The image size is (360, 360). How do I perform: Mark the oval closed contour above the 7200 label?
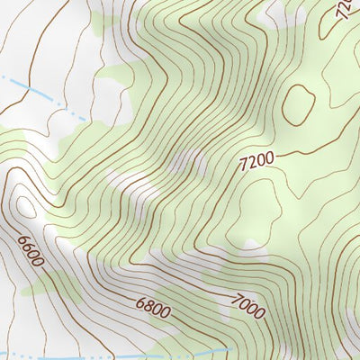pyautogui.click(x=298, y=103)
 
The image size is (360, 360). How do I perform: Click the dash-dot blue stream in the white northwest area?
pyautogui.click(x=45, y=95)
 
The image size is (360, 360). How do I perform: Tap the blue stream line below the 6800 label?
pyautogui.click(x=135, y=354)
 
